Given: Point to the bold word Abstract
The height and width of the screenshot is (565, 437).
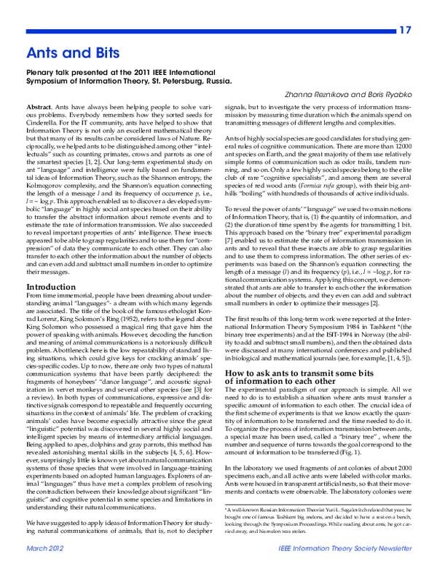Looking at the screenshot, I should click(x=40, y=106).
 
